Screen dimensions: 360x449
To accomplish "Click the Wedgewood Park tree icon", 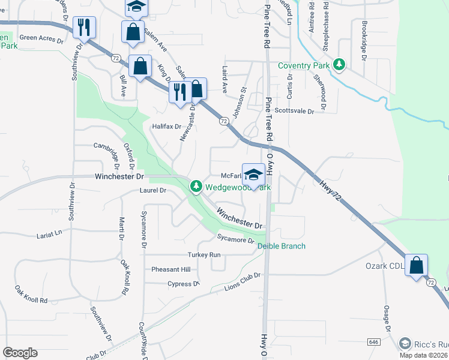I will (196, 187).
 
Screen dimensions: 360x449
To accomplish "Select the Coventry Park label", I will (304, 66).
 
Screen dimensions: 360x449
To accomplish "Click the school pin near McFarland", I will (253, 175).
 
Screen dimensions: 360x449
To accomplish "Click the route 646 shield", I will (373, 341).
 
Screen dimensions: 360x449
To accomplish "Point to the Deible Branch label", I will (282, 246).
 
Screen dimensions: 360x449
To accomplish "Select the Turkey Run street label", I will (204, 255).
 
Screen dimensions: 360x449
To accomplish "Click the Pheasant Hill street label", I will (170, 269).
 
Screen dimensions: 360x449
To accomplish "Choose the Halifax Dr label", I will (166, 127).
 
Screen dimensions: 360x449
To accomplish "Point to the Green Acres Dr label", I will (41, 38).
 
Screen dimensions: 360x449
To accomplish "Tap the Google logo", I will (20, 353).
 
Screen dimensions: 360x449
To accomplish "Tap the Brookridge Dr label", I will (364, 40).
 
